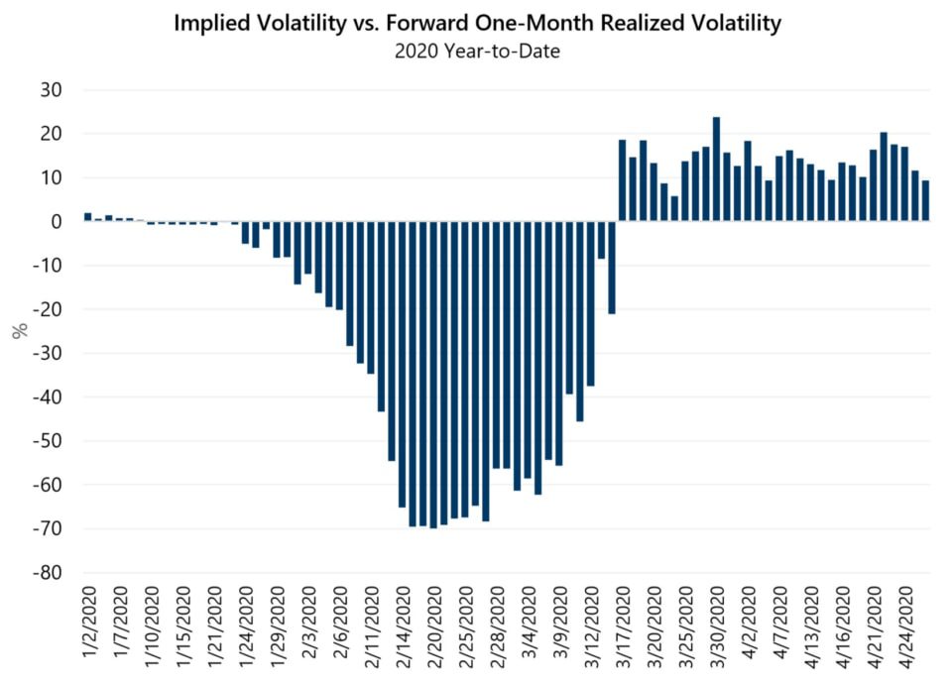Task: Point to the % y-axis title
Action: pyautogui.click(x=18, y=331)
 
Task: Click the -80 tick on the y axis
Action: pyautogui.click(x=47, y=573)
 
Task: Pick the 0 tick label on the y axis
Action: pyautogui.click(x=57, y=222)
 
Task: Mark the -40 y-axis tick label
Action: pyautogui.click(x=47, y=398)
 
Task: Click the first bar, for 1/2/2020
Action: pyautogui.click(x=87, y=217)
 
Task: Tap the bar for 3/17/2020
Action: pyautogui.click(x=622, y=180)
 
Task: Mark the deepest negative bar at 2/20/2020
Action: pyautogui.click(x=433, y=375)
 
